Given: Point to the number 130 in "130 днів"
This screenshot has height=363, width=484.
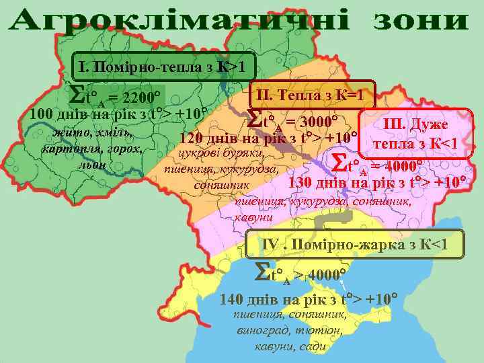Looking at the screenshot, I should [302, 182].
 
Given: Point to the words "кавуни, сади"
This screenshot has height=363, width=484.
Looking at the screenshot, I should [291, 347].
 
